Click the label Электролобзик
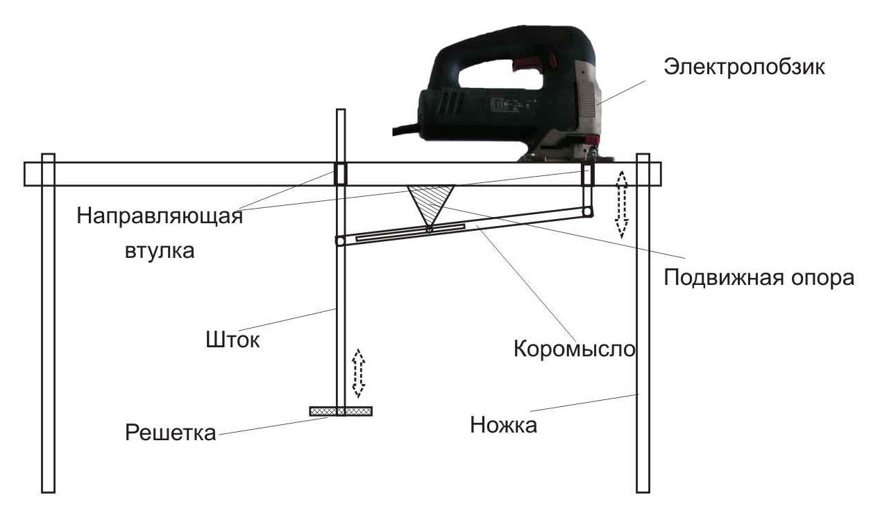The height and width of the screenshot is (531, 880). point(744,67)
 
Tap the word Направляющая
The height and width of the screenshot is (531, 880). point(160,216)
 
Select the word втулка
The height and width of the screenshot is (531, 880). point(160,250)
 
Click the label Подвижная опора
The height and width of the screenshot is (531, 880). point(759,277)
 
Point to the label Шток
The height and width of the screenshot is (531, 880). point(232,340)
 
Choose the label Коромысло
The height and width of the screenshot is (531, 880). point(575,348)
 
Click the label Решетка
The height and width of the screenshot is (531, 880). point(171,433)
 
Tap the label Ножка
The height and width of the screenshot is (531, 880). point(504,425)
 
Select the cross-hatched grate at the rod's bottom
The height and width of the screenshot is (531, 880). point(341,411)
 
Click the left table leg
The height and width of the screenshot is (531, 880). point(49,323)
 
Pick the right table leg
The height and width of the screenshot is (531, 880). point(643,323)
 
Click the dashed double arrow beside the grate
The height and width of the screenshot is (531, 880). point(358,373)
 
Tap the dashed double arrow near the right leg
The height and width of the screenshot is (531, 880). point(622,204)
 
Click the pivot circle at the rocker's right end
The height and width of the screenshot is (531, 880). point(587,212)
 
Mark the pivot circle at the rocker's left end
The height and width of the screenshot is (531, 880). point(340,241)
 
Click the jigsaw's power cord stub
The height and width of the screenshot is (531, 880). point(407,130)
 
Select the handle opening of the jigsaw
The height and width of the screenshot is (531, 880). point(501,76)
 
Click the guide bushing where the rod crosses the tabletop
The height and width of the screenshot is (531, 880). point(341,173)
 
